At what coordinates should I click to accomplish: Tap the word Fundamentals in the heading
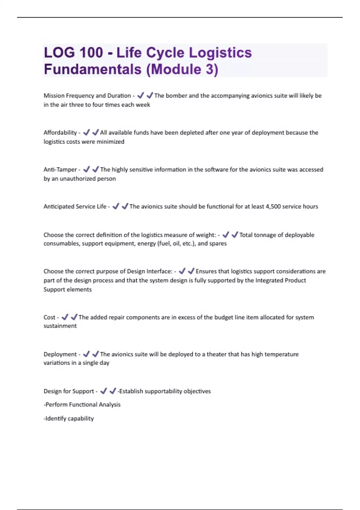tap(93, 69)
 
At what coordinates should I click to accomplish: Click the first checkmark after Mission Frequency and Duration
tap(140, 95)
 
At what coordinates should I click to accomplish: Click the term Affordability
tap(60, 133)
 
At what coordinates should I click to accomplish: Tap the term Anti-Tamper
tap(60, 169)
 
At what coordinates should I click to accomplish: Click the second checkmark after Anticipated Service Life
tap(125, 206)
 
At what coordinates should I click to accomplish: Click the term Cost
tap(49, 317)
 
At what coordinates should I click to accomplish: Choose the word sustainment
tap(60, 326)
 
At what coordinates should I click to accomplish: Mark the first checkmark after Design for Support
tap(103, 391)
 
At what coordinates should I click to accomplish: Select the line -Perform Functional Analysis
tap(82, 405)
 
